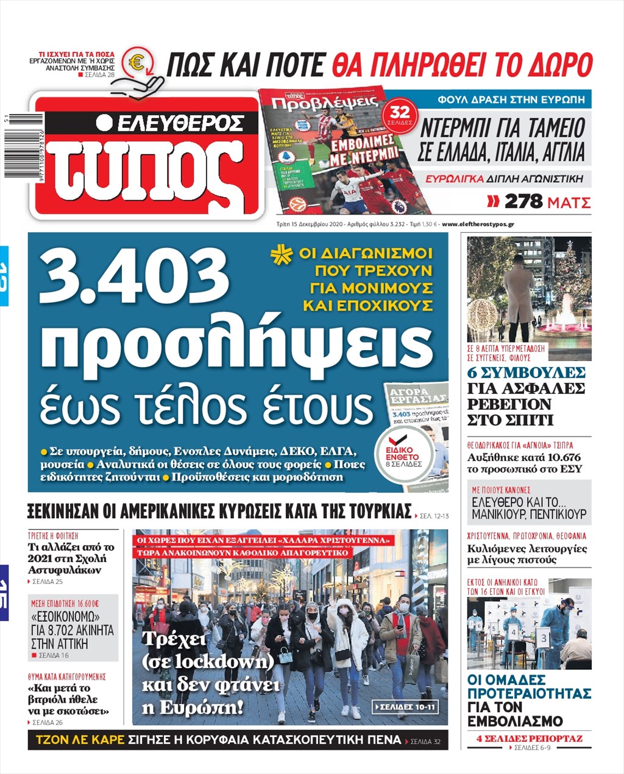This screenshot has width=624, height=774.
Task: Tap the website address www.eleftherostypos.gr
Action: click(x=478, y=224)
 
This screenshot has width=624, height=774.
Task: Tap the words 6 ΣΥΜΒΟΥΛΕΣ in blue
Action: click(x=526, y=373)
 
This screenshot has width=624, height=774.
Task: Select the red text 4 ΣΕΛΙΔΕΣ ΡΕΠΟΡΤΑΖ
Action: click(x=529, y=739)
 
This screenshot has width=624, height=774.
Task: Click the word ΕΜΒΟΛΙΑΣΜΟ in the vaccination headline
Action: click(x=515, y=722)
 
